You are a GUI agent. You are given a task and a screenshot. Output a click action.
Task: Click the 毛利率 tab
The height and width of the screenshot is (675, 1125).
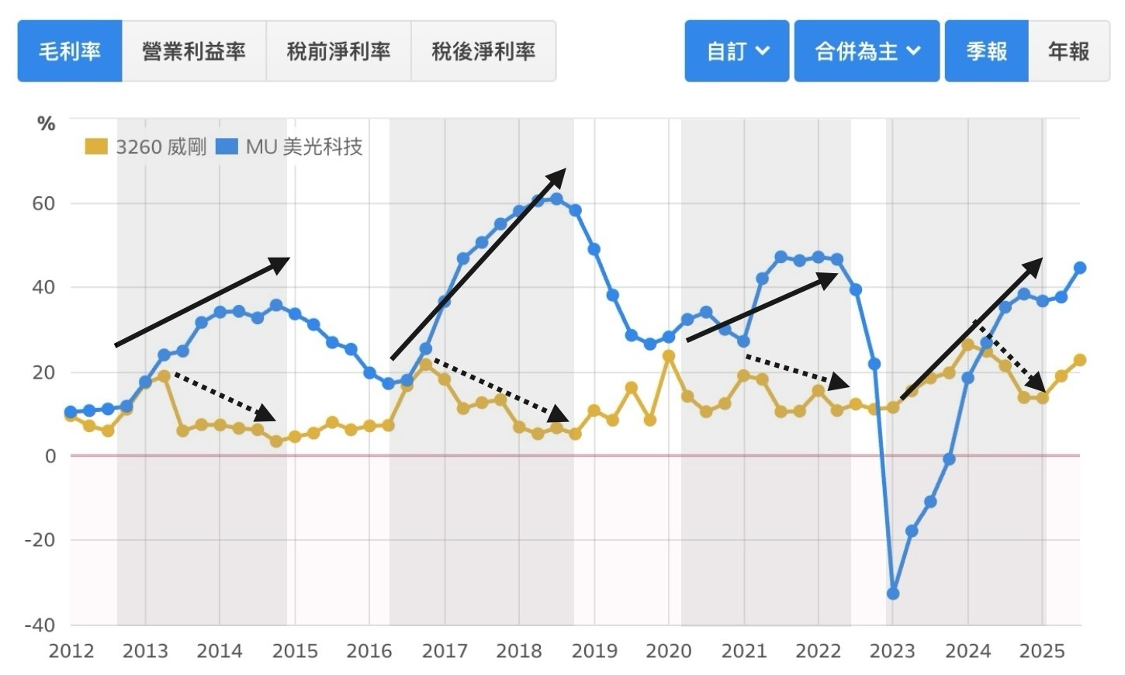point(70,51)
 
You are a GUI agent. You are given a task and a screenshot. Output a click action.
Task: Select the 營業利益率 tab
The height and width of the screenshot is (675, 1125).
point(194,51)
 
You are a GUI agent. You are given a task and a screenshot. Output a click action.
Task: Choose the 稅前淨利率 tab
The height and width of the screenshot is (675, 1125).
point(338,51)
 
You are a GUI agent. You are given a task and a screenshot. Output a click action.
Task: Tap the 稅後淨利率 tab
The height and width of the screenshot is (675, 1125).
point(483,51)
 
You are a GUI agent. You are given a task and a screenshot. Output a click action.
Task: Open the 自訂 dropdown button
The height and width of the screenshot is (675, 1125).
point(737,51)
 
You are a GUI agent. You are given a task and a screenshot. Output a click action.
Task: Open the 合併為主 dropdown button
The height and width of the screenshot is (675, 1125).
point(867,51)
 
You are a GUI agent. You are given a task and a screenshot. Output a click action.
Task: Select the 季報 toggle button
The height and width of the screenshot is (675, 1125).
point(986,51)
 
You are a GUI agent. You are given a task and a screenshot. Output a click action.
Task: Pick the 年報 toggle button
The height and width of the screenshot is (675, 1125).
point(1068,51)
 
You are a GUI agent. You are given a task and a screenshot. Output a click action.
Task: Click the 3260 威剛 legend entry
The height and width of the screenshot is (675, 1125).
point(146,147)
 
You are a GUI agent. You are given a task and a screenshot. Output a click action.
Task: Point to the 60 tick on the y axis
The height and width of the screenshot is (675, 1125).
point(43,204)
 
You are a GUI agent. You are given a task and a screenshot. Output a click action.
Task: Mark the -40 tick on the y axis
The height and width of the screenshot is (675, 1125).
point(40,625)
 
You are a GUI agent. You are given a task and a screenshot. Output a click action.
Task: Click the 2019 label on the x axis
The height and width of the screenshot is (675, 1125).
point(594,651)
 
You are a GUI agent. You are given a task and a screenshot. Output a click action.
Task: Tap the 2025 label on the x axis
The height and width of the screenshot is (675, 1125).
point(1043,651)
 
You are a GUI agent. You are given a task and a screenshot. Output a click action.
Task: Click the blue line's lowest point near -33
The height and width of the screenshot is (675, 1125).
point(893,594)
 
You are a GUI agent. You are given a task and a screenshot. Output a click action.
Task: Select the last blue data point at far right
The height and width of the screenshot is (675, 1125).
point(1080,268)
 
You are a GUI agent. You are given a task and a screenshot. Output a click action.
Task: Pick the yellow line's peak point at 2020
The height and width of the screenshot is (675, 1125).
point(669,356)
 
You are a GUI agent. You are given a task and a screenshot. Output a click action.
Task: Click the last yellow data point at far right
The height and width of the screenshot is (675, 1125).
point(1080,360)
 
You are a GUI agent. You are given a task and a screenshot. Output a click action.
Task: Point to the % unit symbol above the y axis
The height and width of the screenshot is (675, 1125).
point(47,124)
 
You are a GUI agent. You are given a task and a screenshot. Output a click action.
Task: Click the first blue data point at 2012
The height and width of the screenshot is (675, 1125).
point(71,411)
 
